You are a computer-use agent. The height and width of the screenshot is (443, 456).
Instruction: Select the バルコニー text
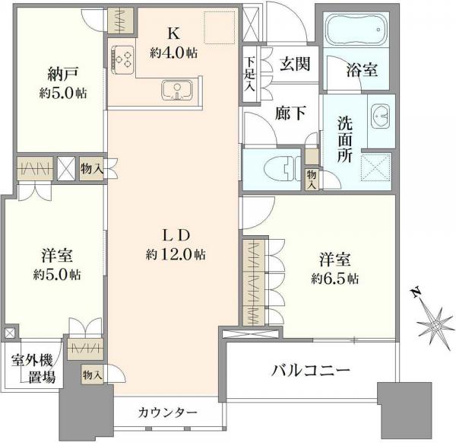click(311, 371)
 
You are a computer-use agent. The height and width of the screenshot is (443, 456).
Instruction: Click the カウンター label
click(168, 412)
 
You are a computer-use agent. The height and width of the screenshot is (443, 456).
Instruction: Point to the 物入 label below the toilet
click(312, 180)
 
